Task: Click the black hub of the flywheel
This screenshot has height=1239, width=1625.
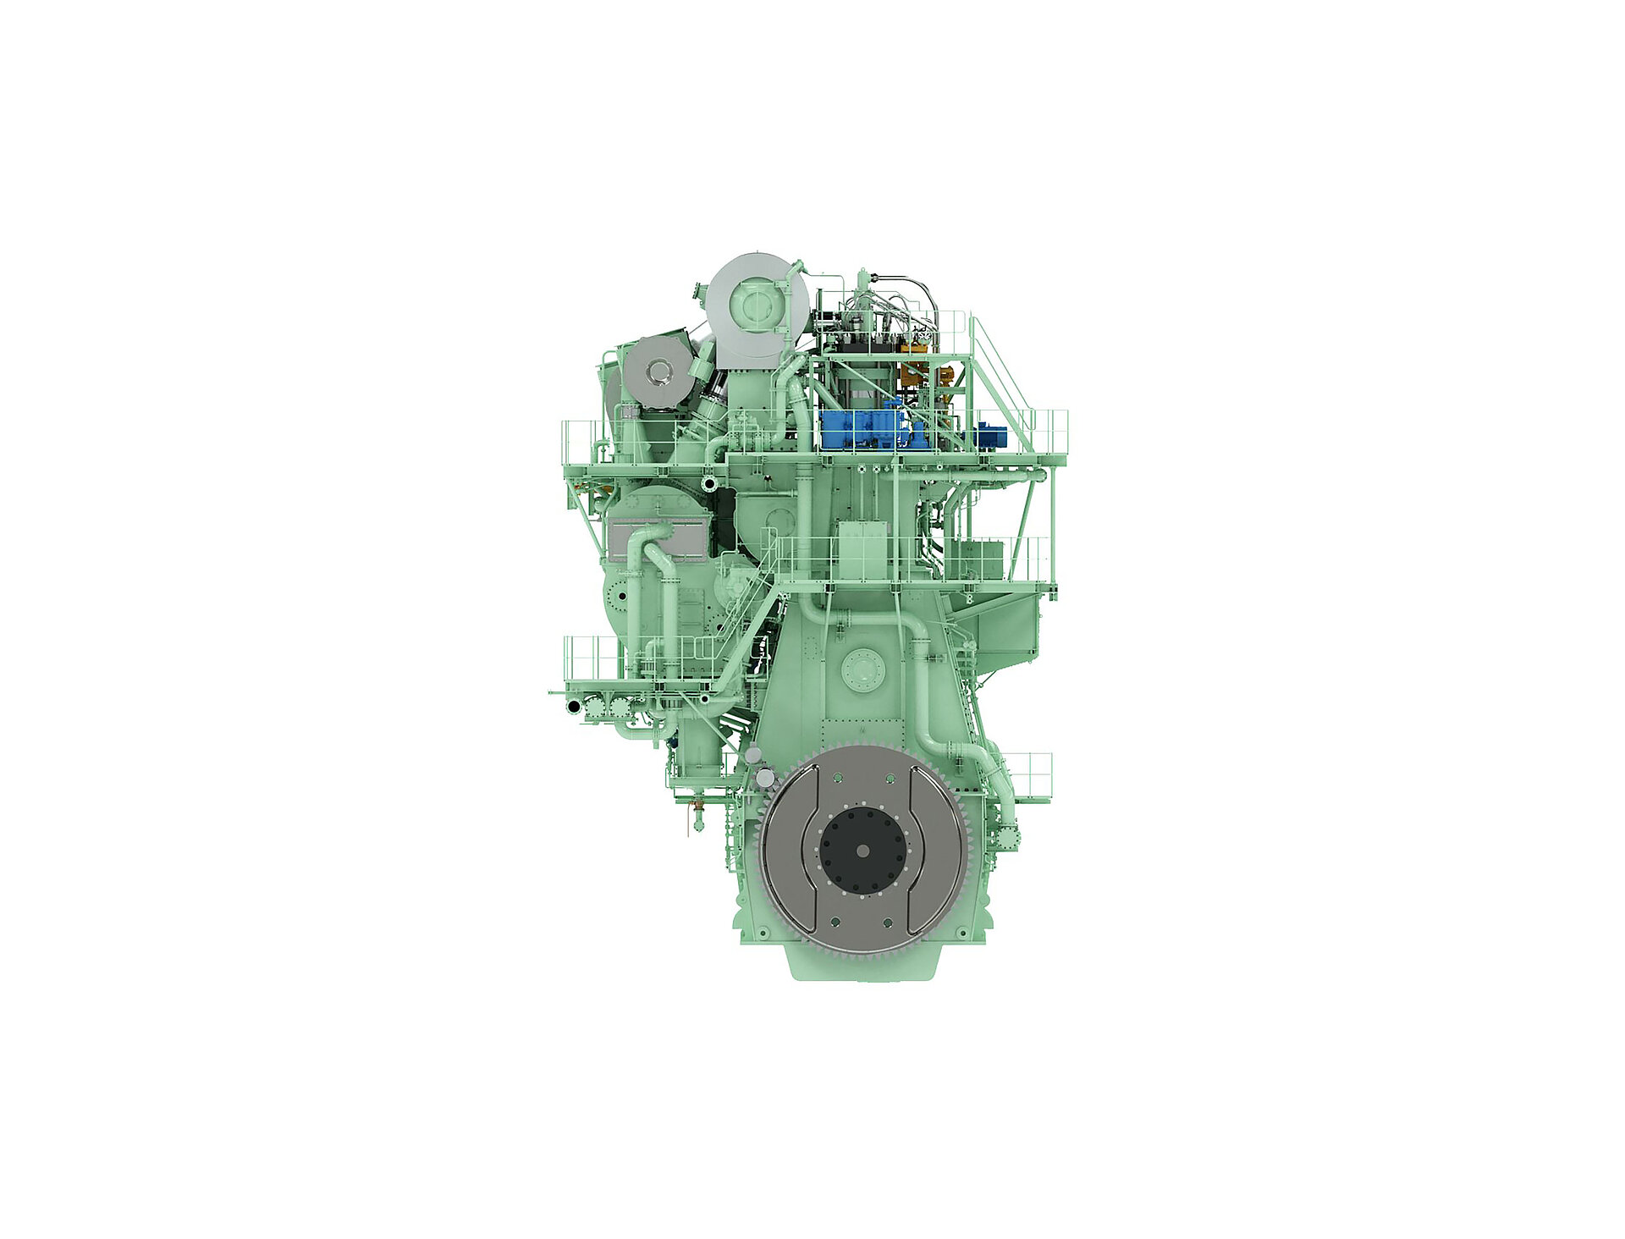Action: [x=862, y=851]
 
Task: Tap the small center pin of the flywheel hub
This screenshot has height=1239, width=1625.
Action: [x=862, y=851]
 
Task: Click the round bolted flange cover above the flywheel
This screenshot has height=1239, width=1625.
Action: [x=862, y=670]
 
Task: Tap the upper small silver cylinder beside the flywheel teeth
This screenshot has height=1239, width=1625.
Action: [x=753, y=755]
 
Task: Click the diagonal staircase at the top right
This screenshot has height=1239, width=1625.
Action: [x=1003, y=385]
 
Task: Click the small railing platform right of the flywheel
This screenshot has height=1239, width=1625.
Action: [x=1028, y=774]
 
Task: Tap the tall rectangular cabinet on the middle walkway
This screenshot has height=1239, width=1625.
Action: [x=862, y=550]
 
